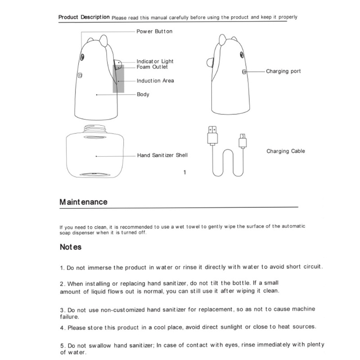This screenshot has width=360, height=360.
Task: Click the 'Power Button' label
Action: pos(154,32)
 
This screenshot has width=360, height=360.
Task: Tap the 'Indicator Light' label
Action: pos(155,61)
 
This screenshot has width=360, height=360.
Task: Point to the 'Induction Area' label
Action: pos(155,81)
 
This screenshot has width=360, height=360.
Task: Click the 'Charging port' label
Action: pos(283,72)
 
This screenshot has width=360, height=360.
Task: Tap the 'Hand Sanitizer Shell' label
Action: pos(162,155)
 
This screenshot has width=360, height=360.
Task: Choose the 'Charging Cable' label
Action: pos(285,151)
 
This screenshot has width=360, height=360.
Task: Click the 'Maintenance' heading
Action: pos(84,202)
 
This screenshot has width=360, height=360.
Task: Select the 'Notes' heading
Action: pos(70,247)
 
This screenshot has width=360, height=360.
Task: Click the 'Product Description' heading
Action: pos(84,17)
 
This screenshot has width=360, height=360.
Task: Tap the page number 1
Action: pos(185,171)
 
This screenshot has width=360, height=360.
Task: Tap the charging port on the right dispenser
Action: pos(244,72)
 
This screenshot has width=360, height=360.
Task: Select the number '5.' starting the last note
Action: pos(63,346)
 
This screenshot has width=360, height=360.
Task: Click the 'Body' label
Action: pos(143,95)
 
